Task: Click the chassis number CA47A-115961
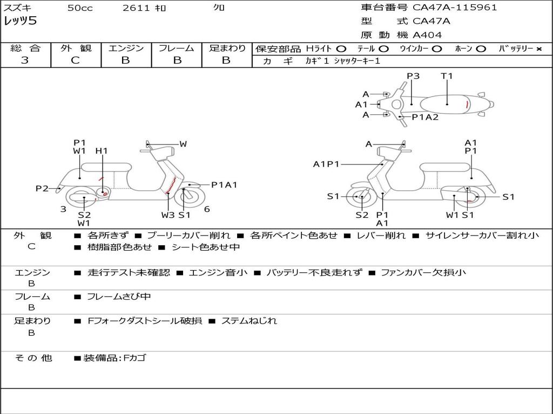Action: pos(455,8)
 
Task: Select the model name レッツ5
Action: pos(20,22)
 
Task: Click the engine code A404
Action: pos(427,35)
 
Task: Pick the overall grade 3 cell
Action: pos(25,60)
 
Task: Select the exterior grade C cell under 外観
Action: pos(75,60)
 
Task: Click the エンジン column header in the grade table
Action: pos(126,48)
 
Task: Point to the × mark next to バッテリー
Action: pos(539,49)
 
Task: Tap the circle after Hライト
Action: pos(341,49)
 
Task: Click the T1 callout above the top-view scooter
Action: pos(447,76)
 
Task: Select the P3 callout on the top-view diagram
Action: pos(413,76)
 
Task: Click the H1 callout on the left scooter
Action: pos(102,151)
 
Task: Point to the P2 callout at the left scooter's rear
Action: pos(42,188)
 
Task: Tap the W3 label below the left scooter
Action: pos(168,215)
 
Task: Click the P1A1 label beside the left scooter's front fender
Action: pos(224,185)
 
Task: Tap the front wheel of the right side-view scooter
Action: pos(361,197)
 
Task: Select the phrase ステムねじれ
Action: pos(249,321)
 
